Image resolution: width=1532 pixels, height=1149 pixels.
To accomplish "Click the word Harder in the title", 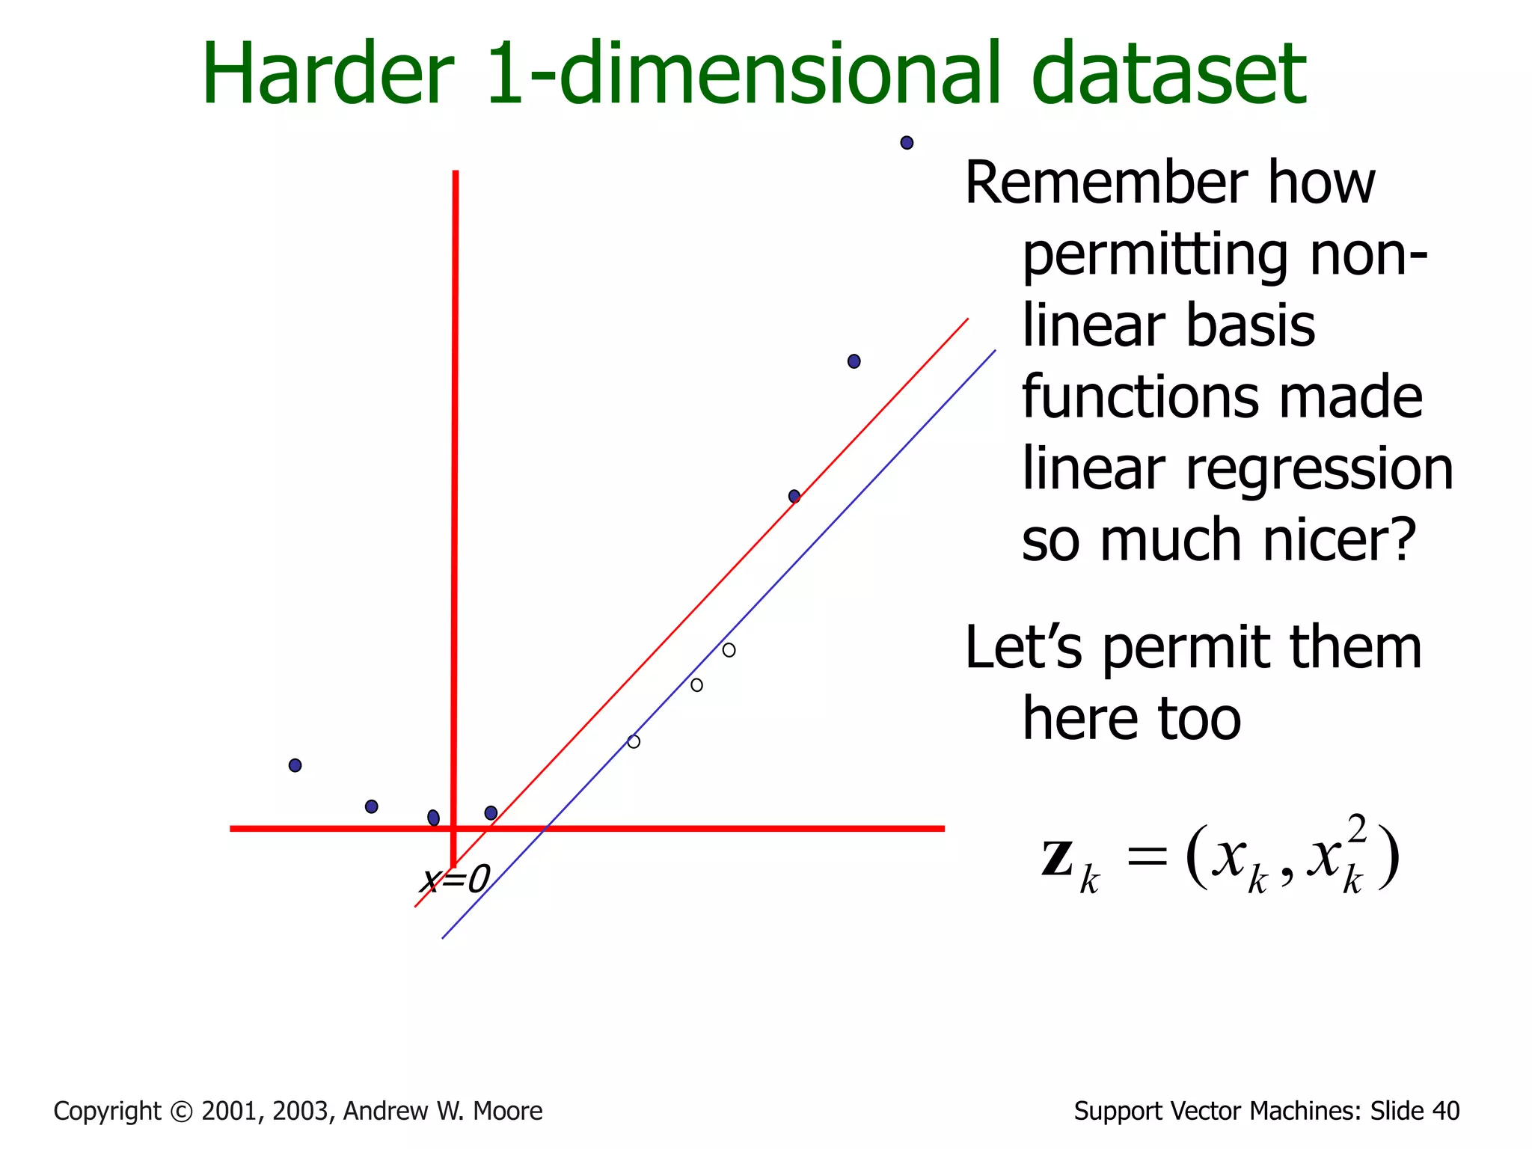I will (328, 75).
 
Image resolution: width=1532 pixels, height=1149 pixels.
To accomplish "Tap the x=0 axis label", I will (455, 880).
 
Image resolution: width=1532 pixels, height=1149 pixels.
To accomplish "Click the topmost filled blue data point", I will (907, 143).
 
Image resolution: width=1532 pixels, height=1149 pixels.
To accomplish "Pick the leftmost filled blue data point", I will (295, 765).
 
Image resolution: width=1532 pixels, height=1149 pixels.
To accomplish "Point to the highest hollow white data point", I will (729, 650).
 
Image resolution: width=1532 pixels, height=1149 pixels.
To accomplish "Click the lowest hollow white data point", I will (634, 741).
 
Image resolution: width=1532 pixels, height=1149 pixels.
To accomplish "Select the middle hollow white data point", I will (696, 685).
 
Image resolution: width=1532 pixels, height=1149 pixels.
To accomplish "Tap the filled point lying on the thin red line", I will (794, 496).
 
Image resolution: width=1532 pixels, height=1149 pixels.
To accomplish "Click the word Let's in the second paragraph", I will (1023, 648).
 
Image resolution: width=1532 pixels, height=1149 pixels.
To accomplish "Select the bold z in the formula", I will (1058, 859).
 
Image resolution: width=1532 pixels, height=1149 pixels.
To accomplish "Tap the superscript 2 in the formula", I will (1357, 829).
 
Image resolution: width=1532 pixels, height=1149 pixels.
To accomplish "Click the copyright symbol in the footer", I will (181, 1112).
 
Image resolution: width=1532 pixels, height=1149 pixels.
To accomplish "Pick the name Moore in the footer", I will (508, 1112).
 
